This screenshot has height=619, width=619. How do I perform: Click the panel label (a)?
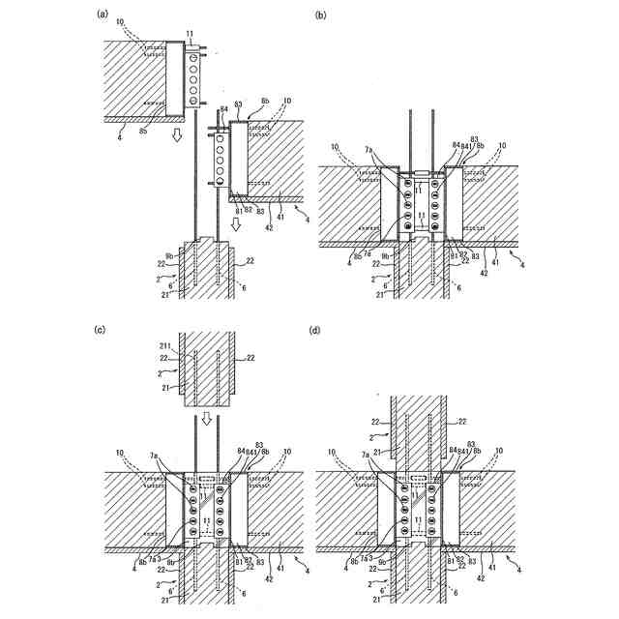102,14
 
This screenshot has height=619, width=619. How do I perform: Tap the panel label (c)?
101,330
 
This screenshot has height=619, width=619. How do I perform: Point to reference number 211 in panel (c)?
164,345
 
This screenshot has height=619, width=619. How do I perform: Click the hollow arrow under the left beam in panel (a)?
176,135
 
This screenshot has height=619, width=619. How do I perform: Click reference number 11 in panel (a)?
190,34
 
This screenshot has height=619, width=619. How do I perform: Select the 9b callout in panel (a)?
171,256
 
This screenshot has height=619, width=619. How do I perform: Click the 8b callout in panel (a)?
265,101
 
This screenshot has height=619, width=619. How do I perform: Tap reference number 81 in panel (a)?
238,209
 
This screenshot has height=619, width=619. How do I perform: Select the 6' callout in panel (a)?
172,287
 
